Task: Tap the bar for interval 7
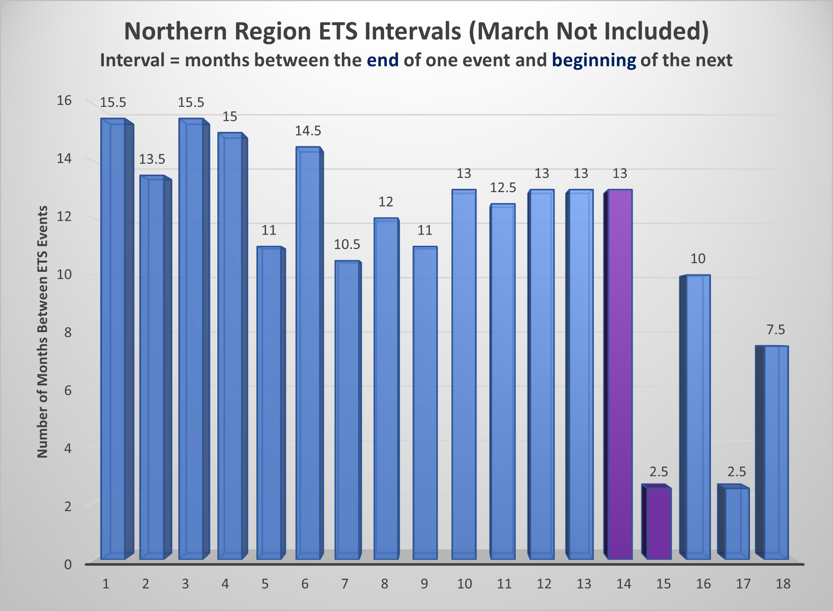[x=347, y=410]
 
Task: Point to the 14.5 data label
[x=308, y=131]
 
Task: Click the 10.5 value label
[x=347, y=245]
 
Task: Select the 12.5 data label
[x=503, y=188]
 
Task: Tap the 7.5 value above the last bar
[x=776, y=330]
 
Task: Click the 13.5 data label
[x=152, y=159]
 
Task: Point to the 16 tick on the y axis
[x=64, y=101]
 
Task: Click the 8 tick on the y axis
[x=67, y=332]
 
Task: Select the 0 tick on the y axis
[x=68, y=564]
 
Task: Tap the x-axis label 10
[x=464, y=584]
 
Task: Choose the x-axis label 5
[x=265, y=584]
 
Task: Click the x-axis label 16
[x=703, y=584]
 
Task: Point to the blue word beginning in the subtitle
[x=594, y=60]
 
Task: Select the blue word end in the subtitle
[x=383, y=60]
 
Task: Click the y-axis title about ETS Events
[x=42, y=331]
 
